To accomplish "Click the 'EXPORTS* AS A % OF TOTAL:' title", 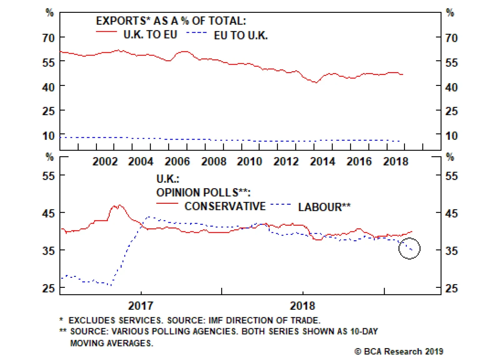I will (x=171, y=21).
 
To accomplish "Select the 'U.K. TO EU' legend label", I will (x=150, y=34).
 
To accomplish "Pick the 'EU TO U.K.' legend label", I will (x=241, y=35).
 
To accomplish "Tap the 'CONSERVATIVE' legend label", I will (x=225, y=206).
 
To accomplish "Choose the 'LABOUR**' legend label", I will (x=324, y=207).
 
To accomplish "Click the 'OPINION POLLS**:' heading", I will (x=203, y=192).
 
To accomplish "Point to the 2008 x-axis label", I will (x=213, y=162).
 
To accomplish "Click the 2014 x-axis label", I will (x=322, y=162).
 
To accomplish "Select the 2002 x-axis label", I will (x=105, y=162).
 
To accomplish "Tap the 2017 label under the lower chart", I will (x=141, y=305).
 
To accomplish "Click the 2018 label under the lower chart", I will (x=302, y=305).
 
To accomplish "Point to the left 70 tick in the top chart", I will (x=48, y=38).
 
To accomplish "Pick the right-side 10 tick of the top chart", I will (x=451, y=136).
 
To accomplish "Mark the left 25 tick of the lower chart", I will (x=48, y=288).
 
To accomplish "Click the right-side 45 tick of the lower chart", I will (x=451, y=213).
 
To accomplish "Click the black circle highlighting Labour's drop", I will (x=409, y=248).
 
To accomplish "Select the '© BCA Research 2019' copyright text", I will (x=399, y=352).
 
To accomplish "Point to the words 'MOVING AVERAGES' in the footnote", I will (x=112, y=343).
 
